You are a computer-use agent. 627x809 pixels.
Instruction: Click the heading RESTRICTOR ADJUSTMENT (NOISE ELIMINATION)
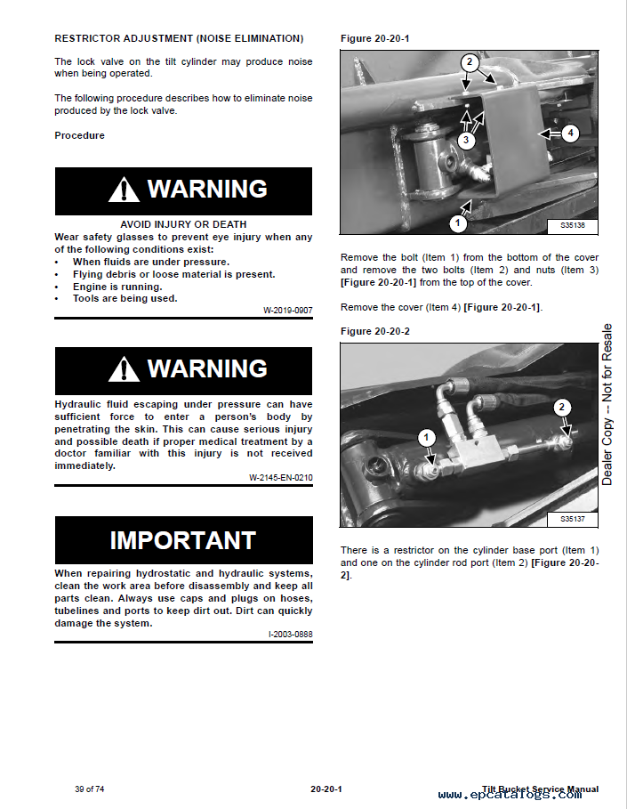click(179, 38)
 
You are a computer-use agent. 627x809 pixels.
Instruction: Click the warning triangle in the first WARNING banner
click(125, 190)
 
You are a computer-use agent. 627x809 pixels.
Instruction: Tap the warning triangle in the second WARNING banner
click(125, 368)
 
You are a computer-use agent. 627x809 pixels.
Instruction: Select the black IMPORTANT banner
click(183, 539)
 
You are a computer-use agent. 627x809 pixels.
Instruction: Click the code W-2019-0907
click(287, 311)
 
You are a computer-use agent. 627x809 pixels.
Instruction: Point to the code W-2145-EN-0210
click(280, 478)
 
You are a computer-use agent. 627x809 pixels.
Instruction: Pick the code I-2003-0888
click(290, 634)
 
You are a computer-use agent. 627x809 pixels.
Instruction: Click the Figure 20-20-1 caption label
click(374, 38)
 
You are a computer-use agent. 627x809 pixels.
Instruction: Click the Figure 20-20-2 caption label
click(374, 331)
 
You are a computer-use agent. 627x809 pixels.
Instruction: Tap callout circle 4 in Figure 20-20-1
click(570, 133)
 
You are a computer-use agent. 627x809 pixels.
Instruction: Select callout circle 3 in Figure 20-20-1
click(467, 140)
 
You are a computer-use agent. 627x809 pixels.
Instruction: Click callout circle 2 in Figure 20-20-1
click(470, 62)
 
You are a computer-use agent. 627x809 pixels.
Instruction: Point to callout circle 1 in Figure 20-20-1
click(457, 222)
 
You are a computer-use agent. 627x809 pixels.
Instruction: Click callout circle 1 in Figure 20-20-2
click(426, 437)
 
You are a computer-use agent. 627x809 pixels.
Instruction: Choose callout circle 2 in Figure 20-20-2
click(560, 408)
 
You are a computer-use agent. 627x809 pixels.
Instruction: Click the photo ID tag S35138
click(573, 226)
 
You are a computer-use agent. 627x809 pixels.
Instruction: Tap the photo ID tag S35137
click(573, 519)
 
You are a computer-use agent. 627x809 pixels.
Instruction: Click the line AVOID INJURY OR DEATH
click(183, 224)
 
